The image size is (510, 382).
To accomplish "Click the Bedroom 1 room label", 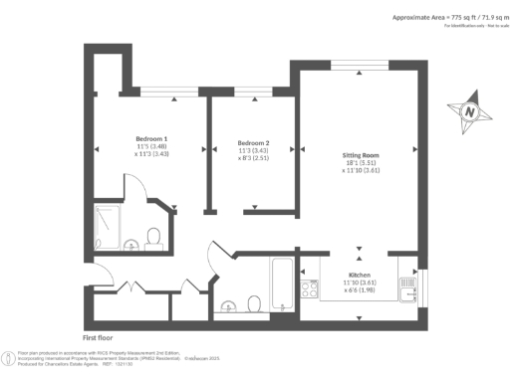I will point(151,137).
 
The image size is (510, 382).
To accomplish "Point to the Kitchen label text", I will point(360,274).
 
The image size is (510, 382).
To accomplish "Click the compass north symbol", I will point(468,112).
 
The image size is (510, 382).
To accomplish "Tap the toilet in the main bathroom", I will point(254,302).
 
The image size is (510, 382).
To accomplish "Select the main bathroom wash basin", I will point(228,304).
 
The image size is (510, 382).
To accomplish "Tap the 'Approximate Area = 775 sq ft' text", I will point(439,18).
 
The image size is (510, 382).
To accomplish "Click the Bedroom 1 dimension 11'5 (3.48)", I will point(151,146).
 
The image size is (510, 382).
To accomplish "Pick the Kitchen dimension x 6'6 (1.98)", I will point(360,290).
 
